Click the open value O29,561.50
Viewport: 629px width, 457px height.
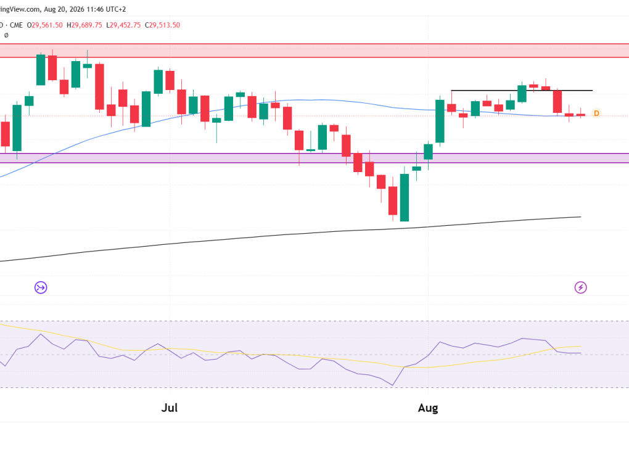44,25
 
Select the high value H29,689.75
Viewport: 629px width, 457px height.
84,25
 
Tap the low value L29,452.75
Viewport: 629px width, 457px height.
123,25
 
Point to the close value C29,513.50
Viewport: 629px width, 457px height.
162,25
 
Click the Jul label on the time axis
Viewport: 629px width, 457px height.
170,408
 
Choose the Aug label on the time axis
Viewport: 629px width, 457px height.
428,408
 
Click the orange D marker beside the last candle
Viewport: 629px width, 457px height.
596,113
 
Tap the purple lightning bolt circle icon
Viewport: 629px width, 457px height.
580,287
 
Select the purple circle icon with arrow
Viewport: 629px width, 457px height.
41,287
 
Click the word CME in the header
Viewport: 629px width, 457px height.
17,25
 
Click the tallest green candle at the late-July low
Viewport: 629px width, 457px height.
405,197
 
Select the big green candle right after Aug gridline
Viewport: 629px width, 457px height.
440,121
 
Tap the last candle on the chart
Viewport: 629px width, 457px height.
580,115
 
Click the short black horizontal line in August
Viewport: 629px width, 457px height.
522,91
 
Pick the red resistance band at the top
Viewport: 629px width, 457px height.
314,51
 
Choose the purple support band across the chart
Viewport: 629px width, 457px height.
314,158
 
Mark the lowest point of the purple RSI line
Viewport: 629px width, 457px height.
392,385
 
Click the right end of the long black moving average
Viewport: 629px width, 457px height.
581,217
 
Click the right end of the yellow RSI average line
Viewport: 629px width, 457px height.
581,346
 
